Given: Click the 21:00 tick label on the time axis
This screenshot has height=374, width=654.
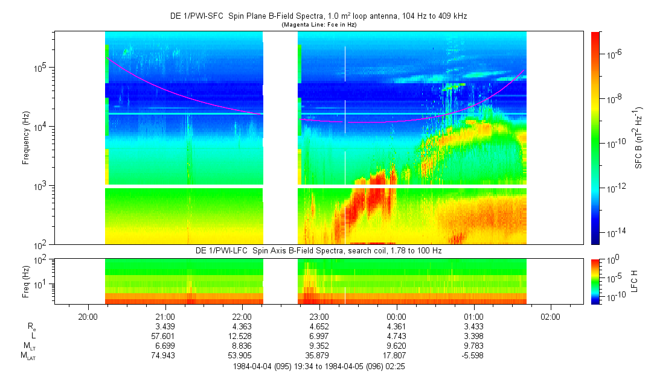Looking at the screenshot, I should (165, 316).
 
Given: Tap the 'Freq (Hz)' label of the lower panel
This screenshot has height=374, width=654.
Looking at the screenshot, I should (26, 281).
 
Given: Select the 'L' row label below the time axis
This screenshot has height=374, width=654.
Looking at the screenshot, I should (33, 335).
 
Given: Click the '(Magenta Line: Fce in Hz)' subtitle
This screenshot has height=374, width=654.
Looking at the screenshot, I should (318, 24).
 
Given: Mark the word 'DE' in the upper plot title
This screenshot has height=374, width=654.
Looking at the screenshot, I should (175, 16).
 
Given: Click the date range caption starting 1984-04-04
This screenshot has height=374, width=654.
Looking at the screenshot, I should (318, 366).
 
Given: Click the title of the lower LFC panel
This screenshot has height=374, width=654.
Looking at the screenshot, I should (318, 250).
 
